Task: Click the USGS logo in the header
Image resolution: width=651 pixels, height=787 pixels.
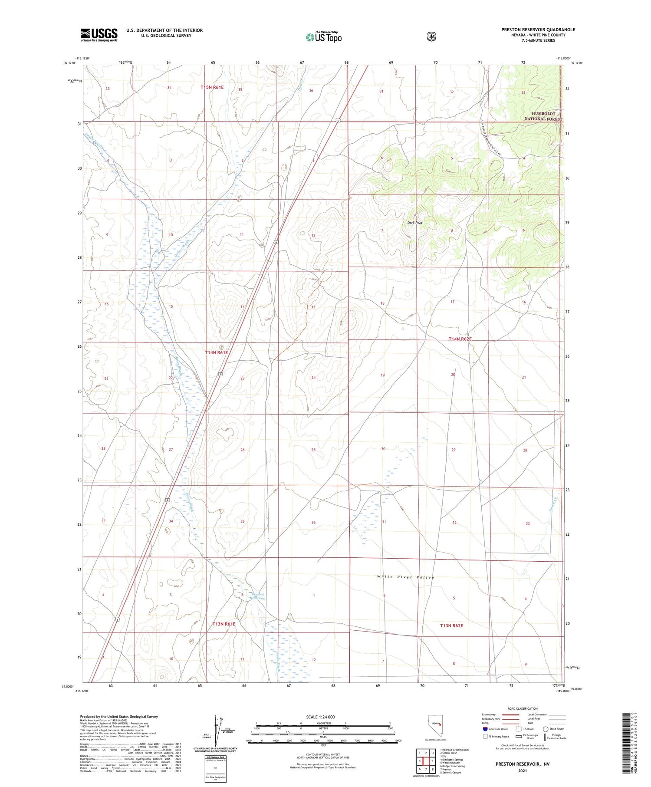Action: coord(99,35)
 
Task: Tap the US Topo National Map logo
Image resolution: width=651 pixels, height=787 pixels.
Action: coord(323,37)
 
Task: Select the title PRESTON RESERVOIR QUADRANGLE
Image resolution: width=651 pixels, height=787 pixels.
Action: coord(538,30)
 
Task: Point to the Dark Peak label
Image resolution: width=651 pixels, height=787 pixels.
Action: coord(414,223)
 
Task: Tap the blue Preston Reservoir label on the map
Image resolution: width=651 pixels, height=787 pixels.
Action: coord(257,596)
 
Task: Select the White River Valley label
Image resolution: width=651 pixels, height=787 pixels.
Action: coord(405,577)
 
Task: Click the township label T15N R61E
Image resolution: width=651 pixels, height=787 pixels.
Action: coord(212,87)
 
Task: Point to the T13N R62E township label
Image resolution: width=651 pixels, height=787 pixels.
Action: coord(451,626)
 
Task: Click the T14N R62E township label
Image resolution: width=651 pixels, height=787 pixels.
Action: coord(460,339)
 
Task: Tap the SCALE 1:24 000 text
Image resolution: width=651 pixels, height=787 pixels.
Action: coord(320,717)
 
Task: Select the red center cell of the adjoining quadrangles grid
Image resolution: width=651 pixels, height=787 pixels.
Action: coord(426,761)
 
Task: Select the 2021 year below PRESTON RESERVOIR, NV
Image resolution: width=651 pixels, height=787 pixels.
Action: coord(522,771)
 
